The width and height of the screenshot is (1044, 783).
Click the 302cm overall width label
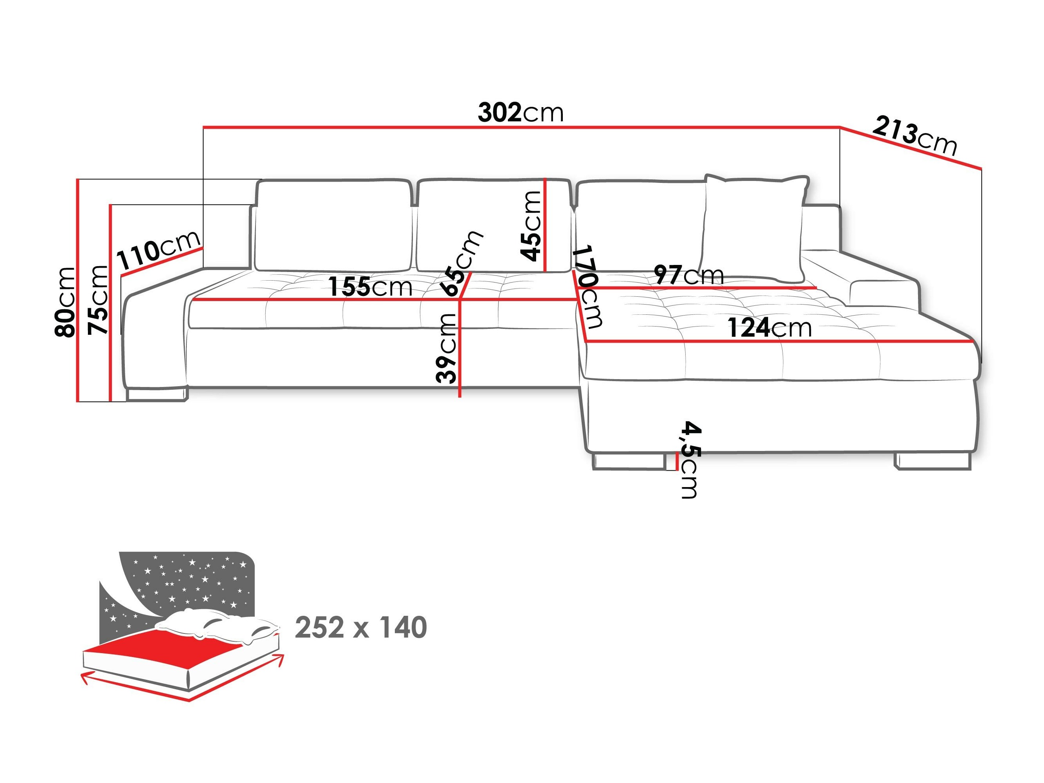click(520, 113)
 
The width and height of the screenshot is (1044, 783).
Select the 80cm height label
click(65, 302)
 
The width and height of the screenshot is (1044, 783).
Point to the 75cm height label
click(98, 300)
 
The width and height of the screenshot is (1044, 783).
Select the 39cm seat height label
click(446, 348)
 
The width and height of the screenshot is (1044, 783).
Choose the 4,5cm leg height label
click(690, 460)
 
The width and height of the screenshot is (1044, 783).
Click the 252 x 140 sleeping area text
click(361, 627)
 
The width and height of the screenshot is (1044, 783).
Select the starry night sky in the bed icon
click(189, 580)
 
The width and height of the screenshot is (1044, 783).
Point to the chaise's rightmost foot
click(932, 461)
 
